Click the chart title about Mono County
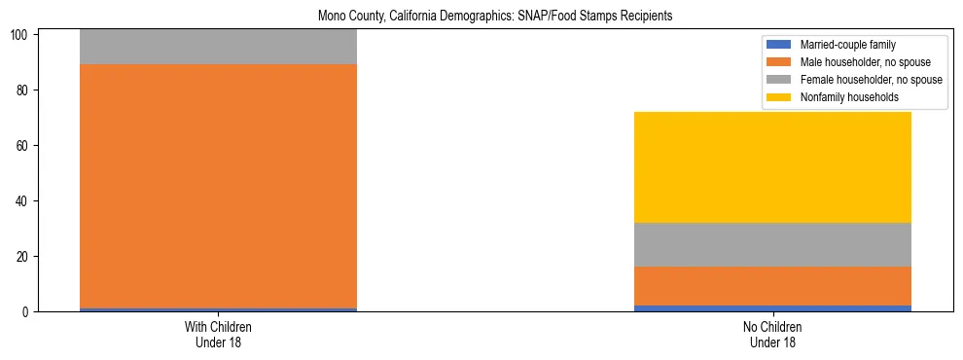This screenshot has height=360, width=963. click(495, 17)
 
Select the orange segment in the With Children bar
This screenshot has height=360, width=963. click(218, 186)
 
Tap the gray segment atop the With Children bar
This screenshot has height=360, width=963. click(218, 47)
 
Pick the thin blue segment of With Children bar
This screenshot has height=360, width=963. click(218, 309)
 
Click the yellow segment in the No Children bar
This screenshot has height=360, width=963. click(772, 167)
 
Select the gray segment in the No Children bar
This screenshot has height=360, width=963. click(772, 244)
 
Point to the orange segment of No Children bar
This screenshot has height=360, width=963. click(772, 286)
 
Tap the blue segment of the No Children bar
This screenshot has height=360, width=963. click(772, 308)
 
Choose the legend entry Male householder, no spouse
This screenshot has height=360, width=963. click(856, 62)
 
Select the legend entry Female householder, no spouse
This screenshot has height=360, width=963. click(860, 80)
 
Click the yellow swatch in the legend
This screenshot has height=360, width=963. click(780, 97)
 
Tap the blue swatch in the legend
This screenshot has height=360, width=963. click(780, 45)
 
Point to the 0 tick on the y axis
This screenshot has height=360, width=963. click(28, 312)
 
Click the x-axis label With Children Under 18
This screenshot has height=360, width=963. click(218, 334)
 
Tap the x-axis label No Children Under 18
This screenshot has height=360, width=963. click(772, 334)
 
